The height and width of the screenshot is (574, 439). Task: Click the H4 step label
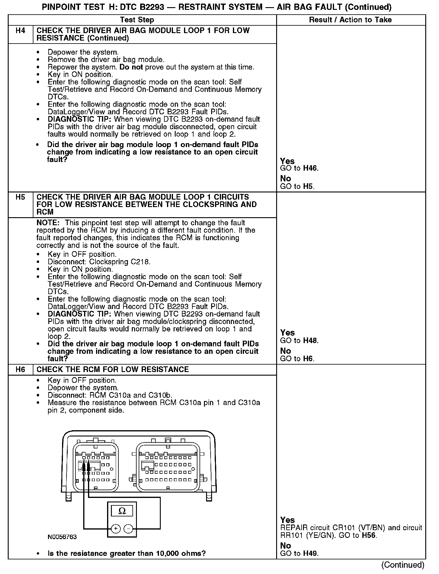pyautogui.click(x=20, y=30)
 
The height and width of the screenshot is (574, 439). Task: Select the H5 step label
pyautogui.click(x=20, y=197)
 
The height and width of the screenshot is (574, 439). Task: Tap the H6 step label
pyautogui.click(x=20, y=370)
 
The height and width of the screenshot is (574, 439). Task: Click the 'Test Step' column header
pyautogui.click(x=137, y=20)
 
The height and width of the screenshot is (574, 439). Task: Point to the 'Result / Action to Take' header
pyautogui.click(x=350, y=20)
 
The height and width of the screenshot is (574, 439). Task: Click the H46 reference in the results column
pyautogui.click(x=310, y=168)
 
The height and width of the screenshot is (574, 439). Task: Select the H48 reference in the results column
pyautogui.click(x=310, y=340)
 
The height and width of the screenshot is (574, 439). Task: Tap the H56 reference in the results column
pyautogui.click(x=369, y=535)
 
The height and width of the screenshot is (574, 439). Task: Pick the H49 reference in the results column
pyautogui.click(x=310, y=553)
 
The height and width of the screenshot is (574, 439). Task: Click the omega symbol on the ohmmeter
pyautogui.click(x=122, y=511)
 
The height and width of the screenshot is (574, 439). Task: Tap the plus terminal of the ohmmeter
pyautogui.click(x=116, y=529)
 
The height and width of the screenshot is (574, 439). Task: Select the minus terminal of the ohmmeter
pyautogui.click(x=128, y=529)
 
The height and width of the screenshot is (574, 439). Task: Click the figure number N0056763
pyautogui.click(x=62, y=537)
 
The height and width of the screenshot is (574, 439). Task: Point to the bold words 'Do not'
pyautogui.click(x=131, y=67)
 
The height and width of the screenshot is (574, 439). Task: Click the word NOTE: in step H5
pyautogui.click(x=48, y=223)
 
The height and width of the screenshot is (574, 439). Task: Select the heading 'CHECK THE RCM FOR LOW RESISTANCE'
pyautogui.click(x=113, y=370)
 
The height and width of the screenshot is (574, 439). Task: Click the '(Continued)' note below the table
pyautogui.click(x=403, y=565)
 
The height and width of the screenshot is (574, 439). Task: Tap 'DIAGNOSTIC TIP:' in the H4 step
pyautogui.click(x=80, y=119)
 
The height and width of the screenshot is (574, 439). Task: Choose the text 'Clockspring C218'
pyautogui.click(x=120, y=262)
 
